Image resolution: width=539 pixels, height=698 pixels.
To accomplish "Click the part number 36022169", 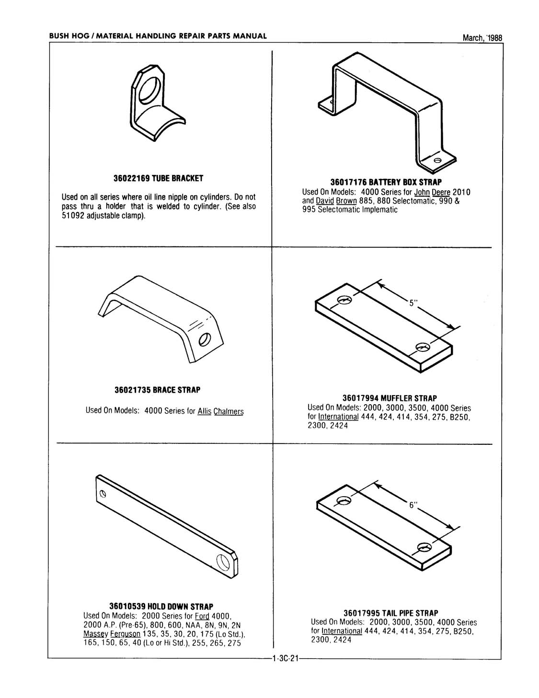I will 132,178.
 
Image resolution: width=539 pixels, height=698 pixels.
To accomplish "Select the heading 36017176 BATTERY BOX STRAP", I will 386,182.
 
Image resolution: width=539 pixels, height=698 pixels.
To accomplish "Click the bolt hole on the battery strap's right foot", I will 437,160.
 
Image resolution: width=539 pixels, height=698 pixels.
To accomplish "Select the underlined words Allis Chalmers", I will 220,411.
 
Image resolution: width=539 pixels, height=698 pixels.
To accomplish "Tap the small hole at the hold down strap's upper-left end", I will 102,494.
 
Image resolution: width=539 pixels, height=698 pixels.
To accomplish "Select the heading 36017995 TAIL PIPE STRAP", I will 390,613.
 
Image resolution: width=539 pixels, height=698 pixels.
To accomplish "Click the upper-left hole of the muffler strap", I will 344,300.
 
